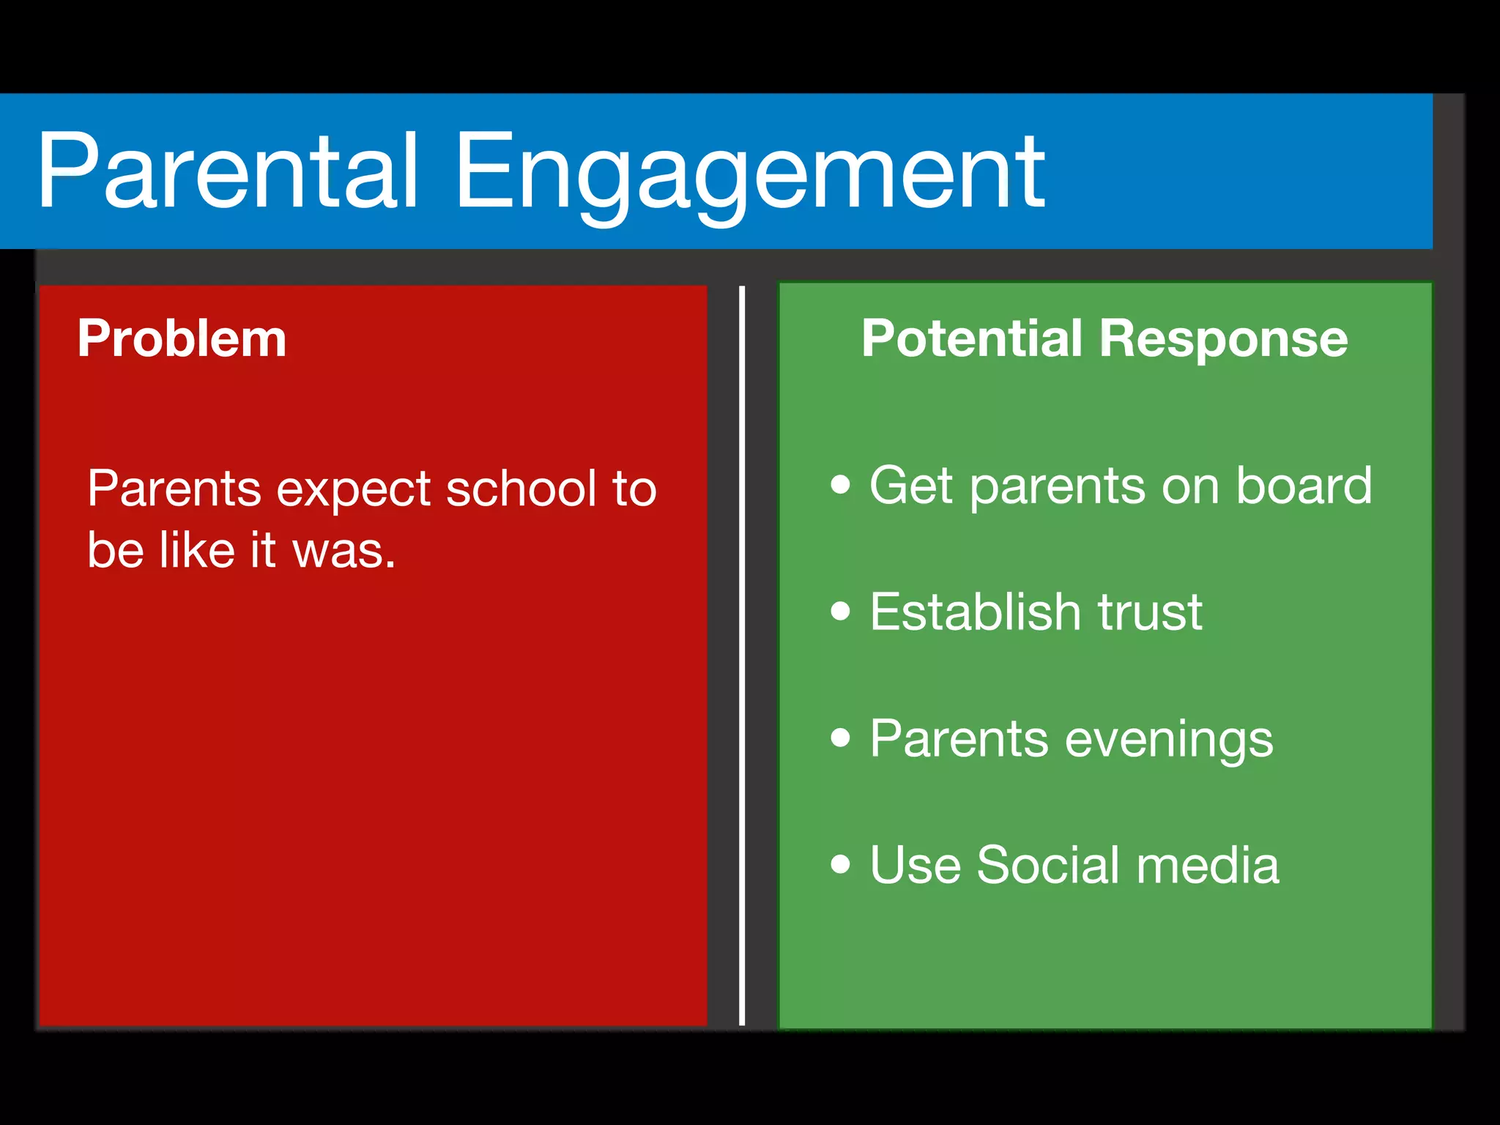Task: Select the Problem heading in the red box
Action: coord(182,338)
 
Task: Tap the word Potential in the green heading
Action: coord(971,338)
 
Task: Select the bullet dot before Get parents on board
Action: coord(841,484)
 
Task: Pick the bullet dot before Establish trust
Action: coord(841,611)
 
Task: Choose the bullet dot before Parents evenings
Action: coord(841,738)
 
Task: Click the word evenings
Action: coord(1169,740)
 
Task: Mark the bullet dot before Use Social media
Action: coord(841,864)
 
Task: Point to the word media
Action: coord(1208,865)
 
